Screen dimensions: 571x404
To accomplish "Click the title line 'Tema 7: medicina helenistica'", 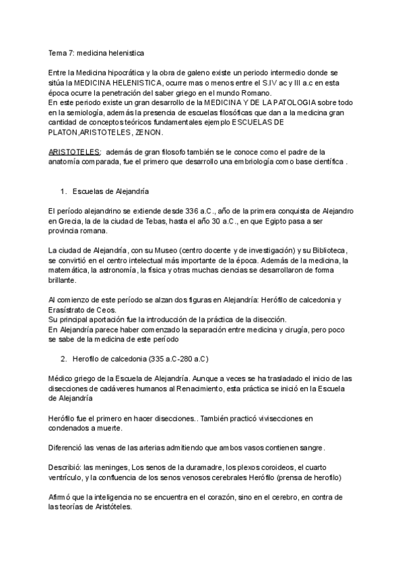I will click(96, 51).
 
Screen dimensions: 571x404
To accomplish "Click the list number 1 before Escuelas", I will click(63, 192).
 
